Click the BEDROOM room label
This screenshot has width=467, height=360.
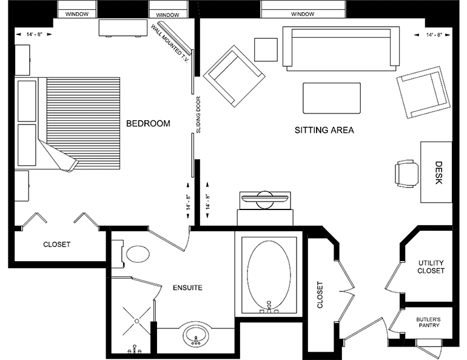click(x=148, y=123)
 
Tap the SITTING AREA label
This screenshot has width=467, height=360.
click(x=324, y=130)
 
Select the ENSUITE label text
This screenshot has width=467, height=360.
click(x=187, y=288)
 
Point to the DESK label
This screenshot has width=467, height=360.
click(x=438, y=172)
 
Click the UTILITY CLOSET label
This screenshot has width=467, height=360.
click(x=431, y=267)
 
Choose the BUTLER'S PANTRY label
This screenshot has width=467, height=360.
click(x=429, y=322)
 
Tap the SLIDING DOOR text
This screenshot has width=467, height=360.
click(x=199, y=115)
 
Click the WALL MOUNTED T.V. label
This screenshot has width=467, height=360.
click(x=170, y=43)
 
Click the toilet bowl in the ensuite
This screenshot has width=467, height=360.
click(x=138, y=254)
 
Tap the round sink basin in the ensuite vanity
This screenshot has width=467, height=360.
click(x=196, y=335)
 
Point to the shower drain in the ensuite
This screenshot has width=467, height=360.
click(x=136, y=321)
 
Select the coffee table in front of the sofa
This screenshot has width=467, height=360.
click(x=332, y=98)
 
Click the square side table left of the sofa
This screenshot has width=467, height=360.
click(x=266, y=49)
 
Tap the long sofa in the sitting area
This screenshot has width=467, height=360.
click(x=341, y=49)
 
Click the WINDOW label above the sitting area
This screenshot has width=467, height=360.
click(x=303, y=14)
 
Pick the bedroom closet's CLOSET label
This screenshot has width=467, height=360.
click(x=57, y=245)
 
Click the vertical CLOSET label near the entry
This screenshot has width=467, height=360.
click(x=320, y=294)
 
